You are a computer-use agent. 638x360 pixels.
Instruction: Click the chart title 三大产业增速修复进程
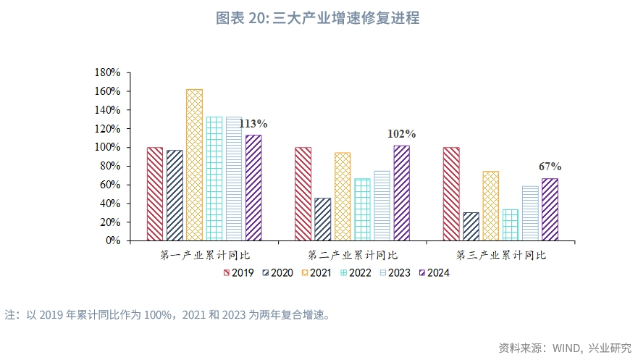pos(318,18)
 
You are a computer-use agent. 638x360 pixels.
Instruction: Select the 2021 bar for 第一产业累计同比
pos(194,164)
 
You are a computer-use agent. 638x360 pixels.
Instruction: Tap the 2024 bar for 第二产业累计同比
pos(401,193)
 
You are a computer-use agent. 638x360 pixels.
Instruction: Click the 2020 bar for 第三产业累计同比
pos(471,226)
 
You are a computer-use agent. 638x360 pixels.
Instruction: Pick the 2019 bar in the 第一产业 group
pos(155,193)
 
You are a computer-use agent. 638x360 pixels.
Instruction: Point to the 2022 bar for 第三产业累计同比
pos(510,225)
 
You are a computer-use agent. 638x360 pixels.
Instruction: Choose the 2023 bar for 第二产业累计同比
pos(382,205)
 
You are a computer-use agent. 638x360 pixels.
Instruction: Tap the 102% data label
pos(401,134)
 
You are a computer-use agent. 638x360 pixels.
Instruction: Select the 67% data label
pos(550,167)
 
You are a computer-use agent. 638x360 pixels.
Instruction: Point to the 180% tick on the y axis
pos(107,73)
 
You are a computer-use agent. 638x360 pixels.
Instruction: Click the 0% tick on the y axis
pos(113,240)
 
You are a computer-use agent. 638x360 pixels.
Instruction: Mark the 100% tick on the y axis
pos(107,148)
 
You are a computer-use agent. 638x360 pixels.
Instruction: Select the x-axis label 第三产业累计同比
pos(500,256)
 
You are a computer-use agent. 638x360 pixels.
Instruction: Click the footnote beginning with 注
pos(167,315)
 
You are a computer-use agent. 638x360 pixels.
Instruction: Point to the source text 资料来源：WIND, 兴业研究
pos(565,347)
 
